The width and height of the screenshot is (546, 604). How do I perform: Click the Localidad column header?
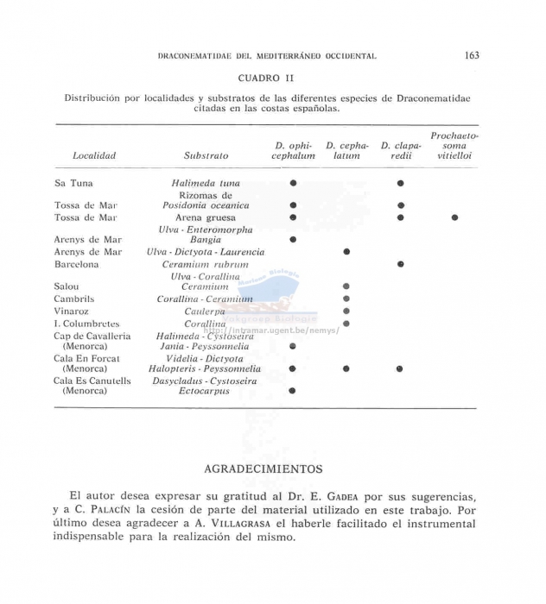pos(94,156)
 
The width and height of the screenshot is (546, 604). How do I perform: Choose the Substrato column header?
pos(206,156)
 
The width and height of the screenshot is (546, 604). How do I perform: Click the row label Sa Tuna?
pos(73,184)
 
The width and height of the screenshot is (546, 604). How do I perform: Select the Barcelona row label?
pos(77,264)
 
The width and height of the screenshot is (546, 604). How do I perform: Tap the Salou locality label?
pos(67,286)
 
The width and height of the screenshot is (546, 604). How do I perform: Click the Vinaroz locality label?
pos(73,311)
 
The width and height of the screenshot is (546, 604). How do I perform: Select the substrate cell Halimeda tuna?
pos(206,184)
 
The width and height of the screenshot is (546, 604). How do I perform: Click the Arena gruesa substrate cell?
pos(206,217)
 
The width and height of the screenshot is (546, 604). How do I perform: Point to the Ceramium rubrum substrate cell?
pos(206,264)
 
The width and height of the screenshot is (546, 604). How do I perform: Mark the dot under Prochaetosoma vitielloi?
pos(454,217)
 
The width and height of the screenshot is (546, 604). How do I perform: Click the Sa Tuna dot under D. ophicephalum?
pos(294,183)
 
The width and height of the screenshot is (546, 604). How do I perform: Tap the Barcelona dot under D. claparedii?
pos(400,264)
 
